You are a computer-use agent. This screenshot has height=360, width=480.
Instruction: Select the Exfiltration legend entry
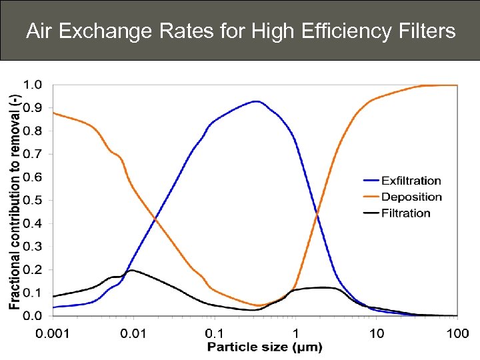pos(411,181)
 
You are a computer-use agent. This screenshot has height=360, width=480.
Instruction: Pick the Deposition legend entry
pos(411,197)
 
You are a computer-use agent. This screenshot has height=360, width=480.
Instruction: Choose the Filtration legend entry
pos(406,213)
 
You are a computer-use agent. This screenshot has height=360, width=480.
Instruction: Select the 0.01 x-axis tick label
pos(133,332)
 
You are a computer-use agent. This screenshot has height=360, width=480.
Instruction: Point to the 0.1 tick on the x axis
pos(214,332)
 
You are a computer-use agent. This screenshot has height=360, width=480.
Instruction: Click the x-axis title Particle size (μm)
pos(265,347)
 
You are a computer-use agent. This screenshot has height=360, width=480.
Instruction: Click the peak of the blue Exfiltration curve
pos(255,101)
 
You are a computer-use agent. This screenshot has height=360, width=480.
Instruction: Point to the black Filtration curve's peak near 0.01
pos(132,270)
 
